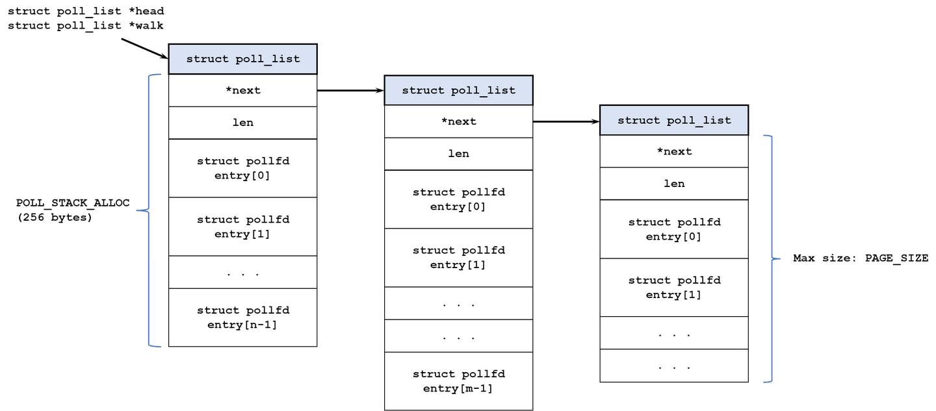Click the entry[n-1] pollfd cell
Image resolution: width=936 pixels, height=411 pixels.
242,318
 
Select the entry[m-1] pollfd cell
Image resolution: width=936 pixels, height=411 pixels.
458,381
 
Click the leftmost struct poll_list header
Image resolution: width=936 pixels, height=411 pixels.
242,59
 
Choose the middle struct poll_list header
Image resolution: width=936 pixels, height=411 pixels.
458,90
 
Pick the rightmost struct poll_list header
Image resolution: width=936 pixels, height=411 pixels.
674,120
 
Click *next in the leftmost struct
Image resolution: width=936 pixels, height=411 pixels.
242,90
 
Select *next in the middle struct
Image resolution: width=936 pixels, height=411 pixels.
458,121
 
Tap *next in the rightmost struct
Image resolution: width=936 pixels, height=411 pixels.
674,151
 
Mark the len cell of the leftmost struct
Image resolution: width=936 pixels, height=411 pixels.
242,123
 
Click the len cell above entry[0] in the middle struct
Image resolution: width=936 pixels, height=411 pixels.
458,154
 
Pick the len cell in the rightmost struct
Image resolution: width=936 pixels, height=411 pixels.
674,184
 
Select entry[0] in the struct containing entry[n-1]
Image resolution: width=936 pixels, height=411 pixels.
242,168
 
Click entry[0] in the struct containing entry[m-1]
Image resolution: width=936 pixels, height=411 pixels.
458,199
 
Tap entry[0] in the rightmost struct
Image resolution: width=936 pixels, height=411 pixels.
674,229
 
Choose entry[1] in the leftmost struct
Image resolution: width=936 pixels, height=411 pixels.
242,227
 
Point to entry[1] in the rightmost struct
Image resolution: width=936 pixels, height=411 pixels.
674,288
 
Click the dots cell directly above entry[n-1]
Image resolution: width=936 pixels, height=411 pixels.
242,273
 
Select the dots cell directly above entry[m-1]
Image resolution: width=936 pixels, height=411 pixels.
458,336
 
